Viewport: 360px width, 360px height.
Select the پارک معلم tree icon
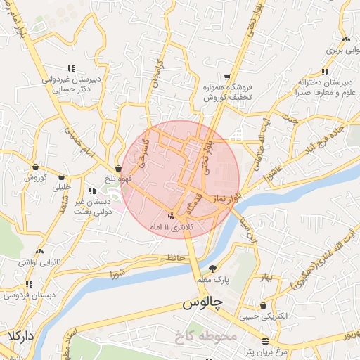pyautogui.click(x=212, y=269)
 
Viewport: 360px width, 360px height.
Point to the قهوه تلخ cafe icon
pyautogui.click(x=117, y=168)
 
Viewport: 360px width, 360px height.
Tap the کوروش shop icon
pyautogui.click(x=35, y=167)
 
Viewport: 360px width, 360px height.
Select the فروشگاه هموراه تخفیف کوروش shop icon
pyautogui.click(x=226, y=77)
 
